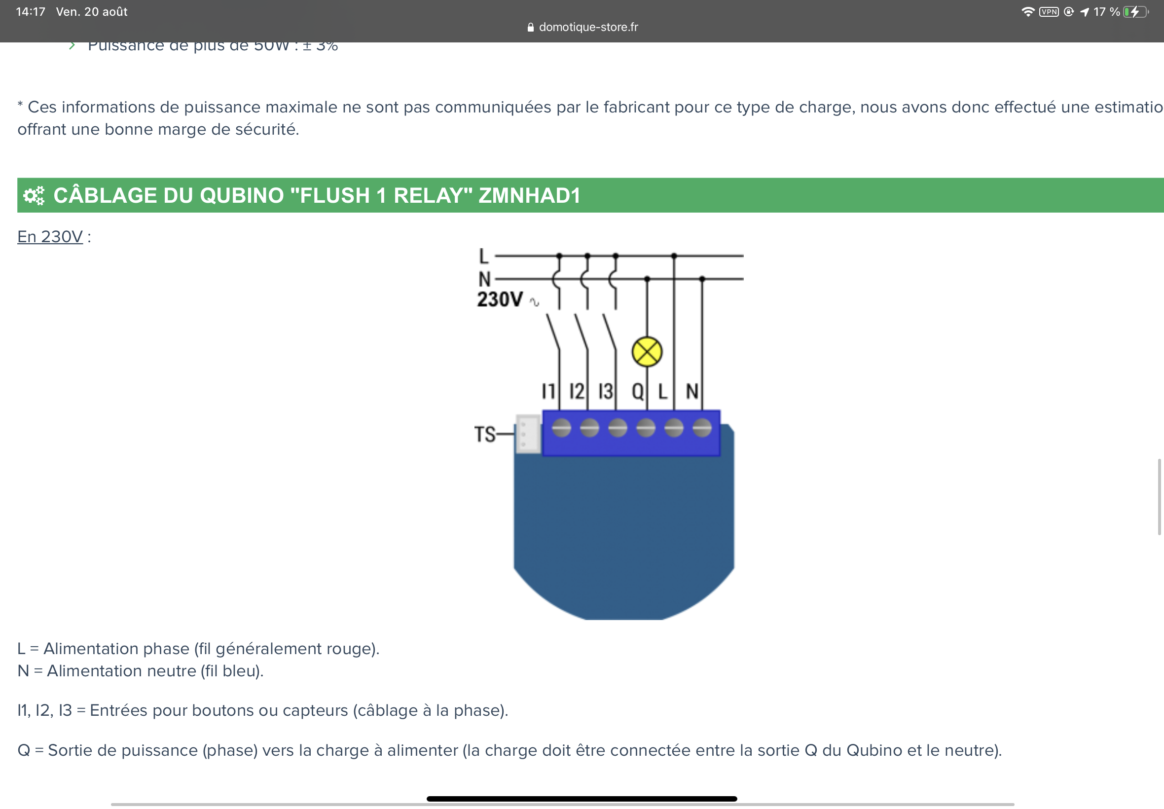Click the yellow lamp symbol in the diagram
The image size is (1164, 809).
tap(647, 352)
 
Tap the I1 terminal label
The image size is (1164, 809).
tap(548, 391)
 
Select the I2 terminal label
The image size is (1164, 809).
tap(576, 391)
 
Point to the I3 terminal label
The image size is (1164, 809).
tap(605, 391)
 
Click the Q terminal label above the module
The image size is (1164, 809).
tap(637, 391)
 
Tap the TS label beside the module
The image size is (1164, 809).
tap(484, 435)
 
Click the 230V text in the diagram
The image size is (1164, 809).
tap(500, 299)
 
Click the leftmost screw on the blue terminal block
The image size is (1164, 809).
tap(561, 428)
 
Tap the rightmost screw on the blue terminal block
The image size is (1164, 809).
tap(702, 428)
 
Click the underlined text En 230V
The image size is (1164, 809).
tap(50, 237)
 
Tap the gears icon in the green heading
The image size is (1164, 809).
tap(34, 196)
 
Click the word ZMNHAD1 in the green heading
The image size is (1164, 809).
tap(529, 196)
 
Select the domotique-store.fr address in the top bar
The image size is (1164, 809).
tap(588, 27)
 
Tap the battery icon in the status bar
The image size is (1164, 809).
tap(1135, 12)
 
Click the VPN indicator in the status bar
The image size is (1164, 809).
tap(1049, 12)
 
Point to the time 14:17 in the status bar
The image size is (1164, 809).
tap(31, 12)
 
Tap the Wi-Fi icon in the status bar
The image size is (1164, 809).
tap(1028, 12)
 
